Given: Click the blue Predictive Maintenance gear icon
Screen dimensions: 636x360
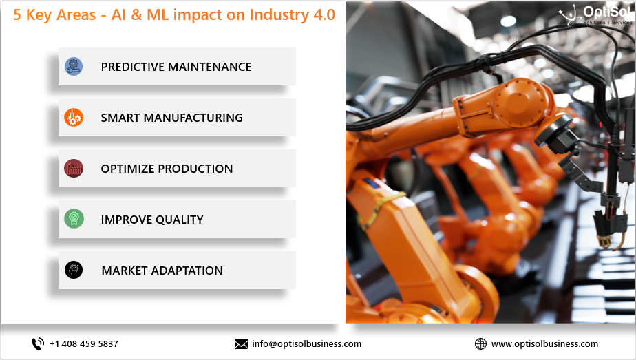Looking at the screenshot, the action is tap(74, 67).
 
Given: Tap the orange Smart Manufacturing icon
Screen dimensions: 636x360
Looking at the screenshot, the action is tap(74, 118).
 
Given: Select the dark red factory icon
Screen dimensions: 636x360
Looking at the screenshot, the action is tap(74, 168).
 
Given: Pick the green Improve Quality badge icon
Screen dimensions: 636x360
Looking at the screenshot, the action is tap(74, 219).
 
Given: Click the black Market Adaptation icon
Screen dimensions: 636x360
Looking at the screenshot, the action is tap(74, 270).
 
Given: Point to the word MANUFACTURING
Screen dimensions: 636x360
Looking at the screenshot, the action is tap(193, 118).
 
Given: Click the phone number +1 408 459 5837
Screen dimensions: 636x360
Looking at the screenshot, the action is tap(84, 343).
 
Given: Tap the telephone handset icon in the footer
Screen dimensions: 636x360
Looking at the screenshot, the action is tap(38, 343).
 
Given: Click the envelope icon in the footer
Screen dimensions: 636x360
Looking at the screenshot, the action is tap(241, 344).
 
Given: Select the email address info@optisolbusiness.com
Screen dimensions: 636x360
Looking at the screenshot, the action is tap(307, 343).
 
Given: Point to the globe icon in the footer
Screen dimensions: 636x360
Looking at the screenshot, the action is tap(480, 343).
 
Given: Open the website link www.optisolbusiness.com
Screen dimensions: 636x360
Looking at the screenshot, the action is tap(544, 343).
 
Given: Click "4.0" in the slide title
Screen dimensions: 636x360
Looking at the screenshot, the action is tap(324, 14).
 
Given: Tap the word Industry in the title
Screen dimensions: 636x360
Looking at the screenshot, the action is tap(279, 15).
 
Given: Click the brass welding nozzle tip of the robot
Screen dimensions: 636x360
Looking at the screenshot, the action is tap(604, 242).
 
